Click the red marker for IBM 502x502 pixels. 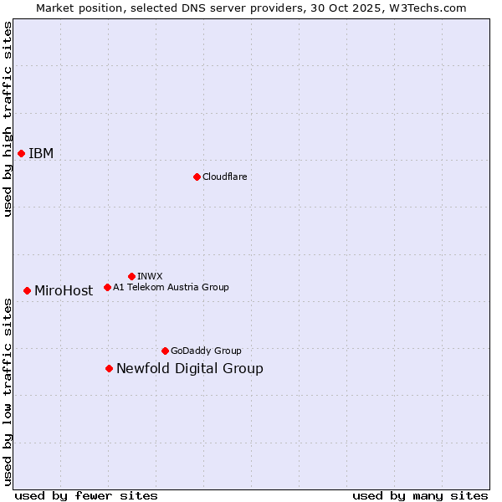[21, 153]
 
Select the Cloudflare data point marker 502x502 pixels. [197, 177]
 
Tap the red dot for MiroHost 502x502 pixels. [27, 290]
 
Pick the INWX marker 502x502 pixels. [131, 276]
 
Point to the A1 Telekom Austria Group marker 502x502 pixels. [107, 287]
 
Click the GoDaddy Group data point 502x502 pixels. [165, 351]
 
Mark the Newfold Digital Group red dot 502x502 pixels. [109, 368]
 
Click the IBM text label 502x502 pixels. [41, 153]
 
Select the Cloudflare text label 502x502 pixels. [224, 177]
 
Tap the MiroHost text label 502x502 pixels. [64, 291]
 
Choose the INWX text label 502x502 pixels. [150, 276]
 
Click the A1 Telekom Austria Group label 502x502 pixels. [171, 287]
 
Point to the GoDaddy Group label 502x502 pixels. [206, 351]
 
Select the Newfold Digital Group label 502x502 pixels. [189, 369]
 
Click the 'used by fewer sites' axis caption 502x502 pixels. [86, 495]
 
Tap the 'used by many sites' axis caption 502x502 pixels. [420, 495]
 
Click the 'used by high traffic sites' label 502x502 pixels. [8, 119]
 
